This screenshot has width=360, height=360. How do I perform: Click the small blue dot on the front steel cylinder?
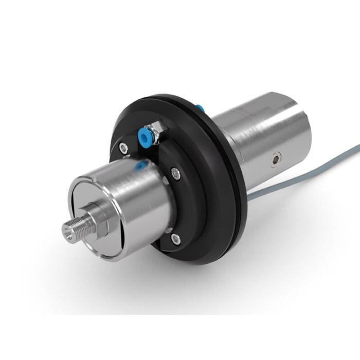[139, 165]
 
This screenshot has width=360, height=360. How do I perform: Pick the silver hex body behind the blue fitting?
[155, 131]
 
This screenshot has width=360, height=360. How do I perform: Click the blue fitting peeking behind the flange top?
[201, 109]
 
